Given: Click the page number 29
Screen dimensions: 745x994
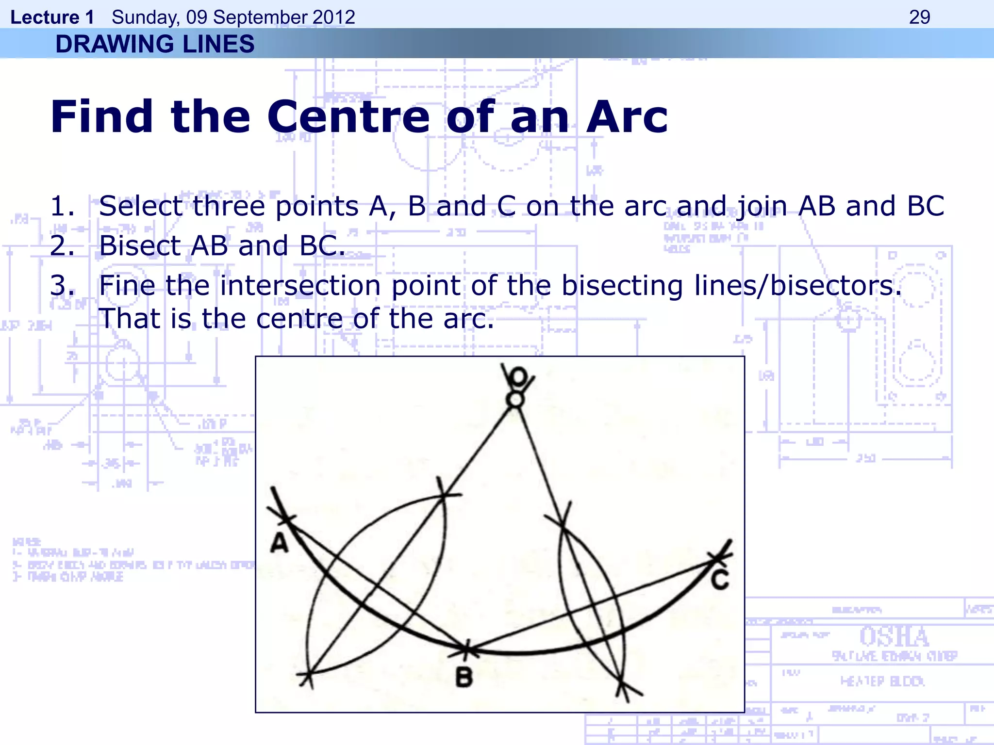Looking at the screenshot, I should point(919,17).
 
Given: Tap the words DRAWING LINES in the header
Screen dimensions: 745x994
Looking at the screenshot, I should point(155,44).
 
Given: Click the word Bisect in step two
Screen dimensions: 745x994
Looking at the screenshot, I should point(139,245).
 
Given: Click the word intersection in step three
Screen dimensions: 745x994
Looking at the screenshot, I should point(300,285).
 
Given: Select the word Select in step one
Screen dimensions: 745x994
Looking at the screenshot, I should point(140,206).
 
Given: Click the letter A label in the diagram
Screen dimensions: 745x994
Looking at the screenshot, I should point(280,543).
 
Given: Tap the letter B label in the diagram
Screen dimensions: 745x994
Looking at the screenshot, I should point(464,677).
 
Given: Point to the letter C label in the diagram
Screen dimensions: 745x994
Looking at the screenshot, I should point(720,580).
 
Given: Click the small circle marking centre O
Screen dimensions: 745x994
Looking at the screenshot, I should point(515,400).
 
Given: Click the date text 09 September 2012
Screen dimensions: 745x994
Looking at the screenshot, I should point(270,17).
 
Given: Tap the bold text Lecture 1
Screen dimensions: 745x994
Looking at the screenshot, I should point(52,17).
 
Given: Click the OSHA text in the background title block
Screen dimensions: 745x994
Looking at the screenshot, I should point(894,636).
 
